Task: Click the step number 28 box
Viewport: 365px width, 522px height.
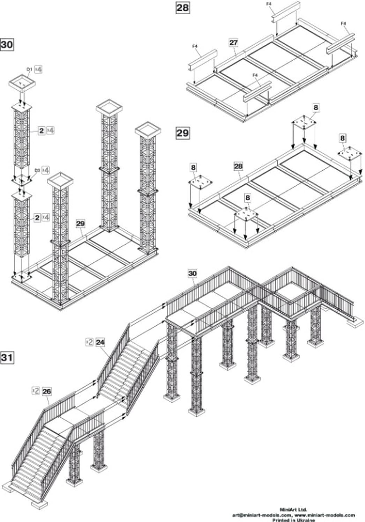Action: pyautogui.click(x=182, y=7)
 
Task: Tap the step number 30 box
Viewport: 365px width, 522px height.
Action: pyautogui.click(x=7, y=45)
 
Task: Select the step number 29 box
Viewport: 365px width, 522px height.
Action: pyautogui.click(x=182, y=133)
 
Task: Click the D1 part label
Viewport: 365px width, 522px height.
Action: pyautogui.click(x=29, y=69)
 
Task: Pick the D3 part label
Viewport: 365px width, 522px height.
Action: pyautogui.click(x=37, y=170)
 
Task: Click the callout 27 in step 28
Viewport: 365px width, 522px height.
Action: pyautogui.click(x=233, y=43)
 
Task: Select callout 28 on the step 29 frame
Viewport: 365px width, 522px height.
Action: pyautogui.click(x=238, y=166)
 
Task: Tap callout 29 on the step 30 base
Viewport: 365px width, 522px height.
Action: pyautogui.click(x=80, y=224)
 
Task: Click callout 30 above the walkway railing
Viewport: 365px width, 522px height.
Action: pyautogui.click(x=192, y=273)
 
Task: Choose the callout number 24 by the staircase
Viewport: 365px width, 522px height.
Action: pyautogui.click(x=100, y=342)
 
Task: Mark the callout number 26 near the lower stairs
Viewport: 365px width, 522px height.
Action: pyautogui.click(x=46, y=391)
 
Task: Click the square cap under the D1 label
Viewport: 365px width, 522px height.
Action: pyautogui.click(x=22, y=83)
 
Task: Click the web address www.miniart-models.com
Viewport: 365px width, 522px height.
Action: pyautogui.click(x=325, y=515)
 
